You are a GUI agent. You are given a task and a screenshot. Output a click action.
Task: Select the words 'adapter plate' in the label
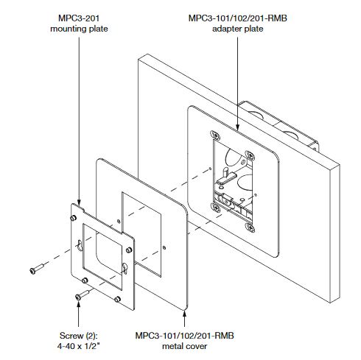[238, 29]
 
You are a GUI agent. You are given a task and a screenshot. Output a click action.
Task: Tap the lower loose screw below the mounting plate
[82, 294]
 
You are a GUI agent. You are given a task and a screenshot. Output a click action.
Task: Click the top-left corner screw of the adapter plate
[214, 135]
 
